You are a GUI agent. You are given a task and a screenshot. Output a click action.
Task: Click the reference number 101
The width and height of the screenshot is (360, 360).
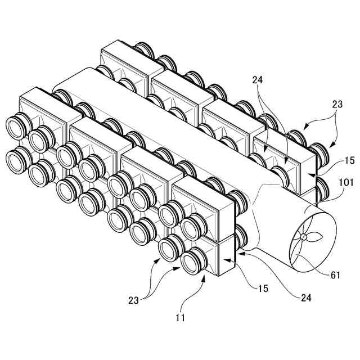tap(346, 183)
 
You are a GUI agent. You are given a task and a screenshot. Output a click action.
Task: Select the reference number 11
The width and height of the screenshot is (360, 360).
tap(180, 318)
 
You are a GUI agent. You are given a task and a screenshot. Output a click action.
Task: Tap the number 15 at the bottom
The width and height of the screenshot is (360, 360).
tap(263, 289)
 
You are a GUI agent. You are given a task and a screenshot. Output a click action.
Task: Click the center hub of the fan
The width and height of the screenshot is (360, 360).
tap(304, 237)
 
